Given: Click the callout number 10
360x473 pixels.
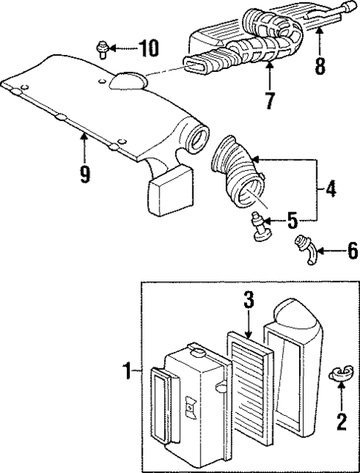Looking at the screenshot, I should tap(148, 50).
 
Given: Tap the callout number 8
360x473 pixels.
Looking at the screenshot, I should tap(320, 66).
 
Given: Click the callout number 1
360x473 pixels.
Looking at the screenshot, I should tap(129, 368).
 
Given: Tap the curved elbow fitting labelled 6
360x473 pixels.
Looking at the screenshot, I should tap(305, 248).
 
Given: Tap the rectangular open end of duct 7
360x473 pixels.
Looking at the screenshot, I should tap(196, 68).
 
